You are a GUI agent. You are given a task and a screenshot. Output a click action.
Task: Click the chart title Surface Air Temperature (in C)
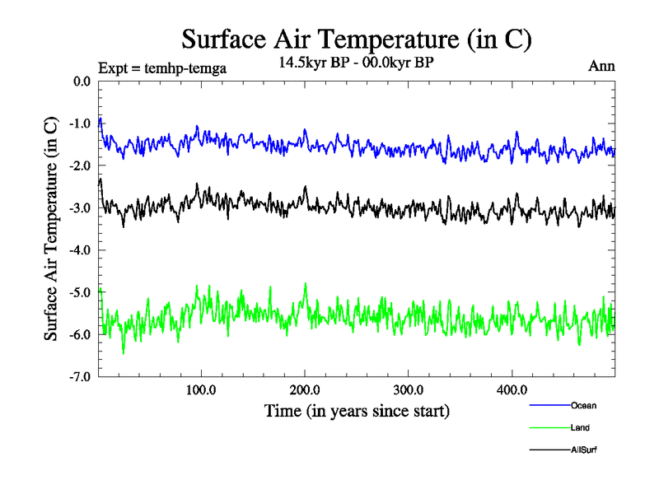tap(357, 39)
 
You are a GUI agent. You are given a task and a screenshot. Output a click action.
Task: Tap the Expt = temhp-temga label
tap(162, 68)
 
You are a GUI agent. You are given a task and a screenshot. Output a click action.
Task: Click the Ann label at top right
tap(601, 66)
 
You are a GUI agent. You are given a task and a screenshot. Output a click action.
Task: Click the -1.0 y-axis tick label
tap(80, 123)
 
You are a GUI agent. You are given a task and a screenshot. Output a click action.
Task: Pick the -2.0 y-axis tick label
tap(80, 165)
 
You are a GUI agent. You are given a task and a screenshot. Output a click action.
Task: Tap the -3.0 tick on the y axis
tap(80, 208)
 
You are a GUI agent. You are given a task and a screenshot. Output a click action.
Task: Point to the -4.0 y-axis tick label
tap(80, 250)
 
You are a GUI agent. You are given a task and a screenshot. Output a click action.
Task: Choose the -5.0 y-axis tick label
tap(80, 292)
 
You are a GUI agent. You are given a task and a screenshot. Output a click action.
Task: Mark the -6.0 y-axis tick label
tap(80, 334)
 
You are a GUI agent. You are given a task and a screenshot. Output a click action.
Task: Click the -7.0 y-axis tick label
tap(80, 377)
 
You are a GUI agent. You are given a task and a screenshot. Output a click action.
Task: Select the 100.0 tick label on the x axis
tap(201, 389)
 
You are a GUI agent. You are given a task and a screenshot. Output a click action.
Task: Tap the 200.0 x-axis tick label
tap(305, 389)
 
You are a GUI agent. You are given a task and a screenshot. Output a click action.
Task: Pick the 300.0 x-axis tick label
tap(409, 389)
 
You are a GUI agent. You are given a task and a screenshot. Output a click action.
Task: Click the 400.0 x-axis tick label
tap(512, 389)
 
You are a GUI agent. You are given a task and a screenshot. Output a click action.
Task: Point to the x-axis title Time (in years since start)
tap(357, 410)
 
